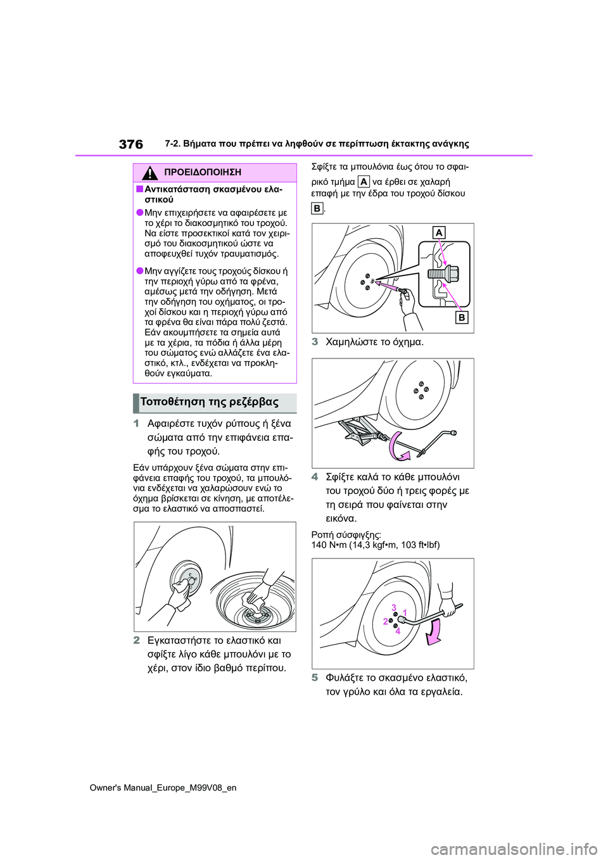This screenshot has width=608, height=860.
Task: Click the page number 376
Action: tap(131, 144)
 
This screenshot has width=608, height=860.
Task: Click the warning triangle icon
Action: tap(149, 173)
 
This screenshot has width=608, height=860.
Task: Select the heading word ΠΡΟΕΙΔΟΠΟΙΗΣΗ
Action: tap(202, 172)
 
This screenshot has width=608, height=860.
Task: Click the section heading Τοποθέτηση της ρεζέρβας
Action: tap(210, 402)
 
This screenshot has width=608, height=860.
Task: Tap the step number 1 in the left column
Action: tap(136, 424)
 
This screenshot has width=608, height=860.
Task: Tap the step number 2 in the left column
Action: tap(136, 640)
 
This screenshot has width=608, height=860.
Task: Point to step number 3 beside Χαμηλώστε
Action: tap(315, 342)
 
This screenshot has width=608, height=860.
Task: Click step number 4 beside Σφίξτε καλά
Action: tap(315, 477)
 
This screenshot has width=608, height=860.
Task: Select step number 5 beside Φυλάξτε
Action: tap(315, 678)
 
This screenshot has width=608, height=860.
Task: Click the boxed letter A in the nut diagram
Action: tap(439, 232)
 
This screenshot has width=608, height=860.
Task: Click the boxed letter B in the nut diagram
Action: tap(462, 317)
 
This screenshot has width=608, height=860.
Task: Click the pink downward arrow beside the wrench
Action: tap(434, 632)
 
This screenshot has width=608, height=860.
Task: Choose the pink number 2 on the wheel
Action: tap(385, 621)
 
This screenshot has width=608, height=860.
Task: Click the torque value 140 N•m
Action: tap(329, 545)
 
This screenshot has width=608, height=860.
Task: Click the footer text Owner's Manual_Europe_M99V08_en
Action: tap(163, 788)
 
